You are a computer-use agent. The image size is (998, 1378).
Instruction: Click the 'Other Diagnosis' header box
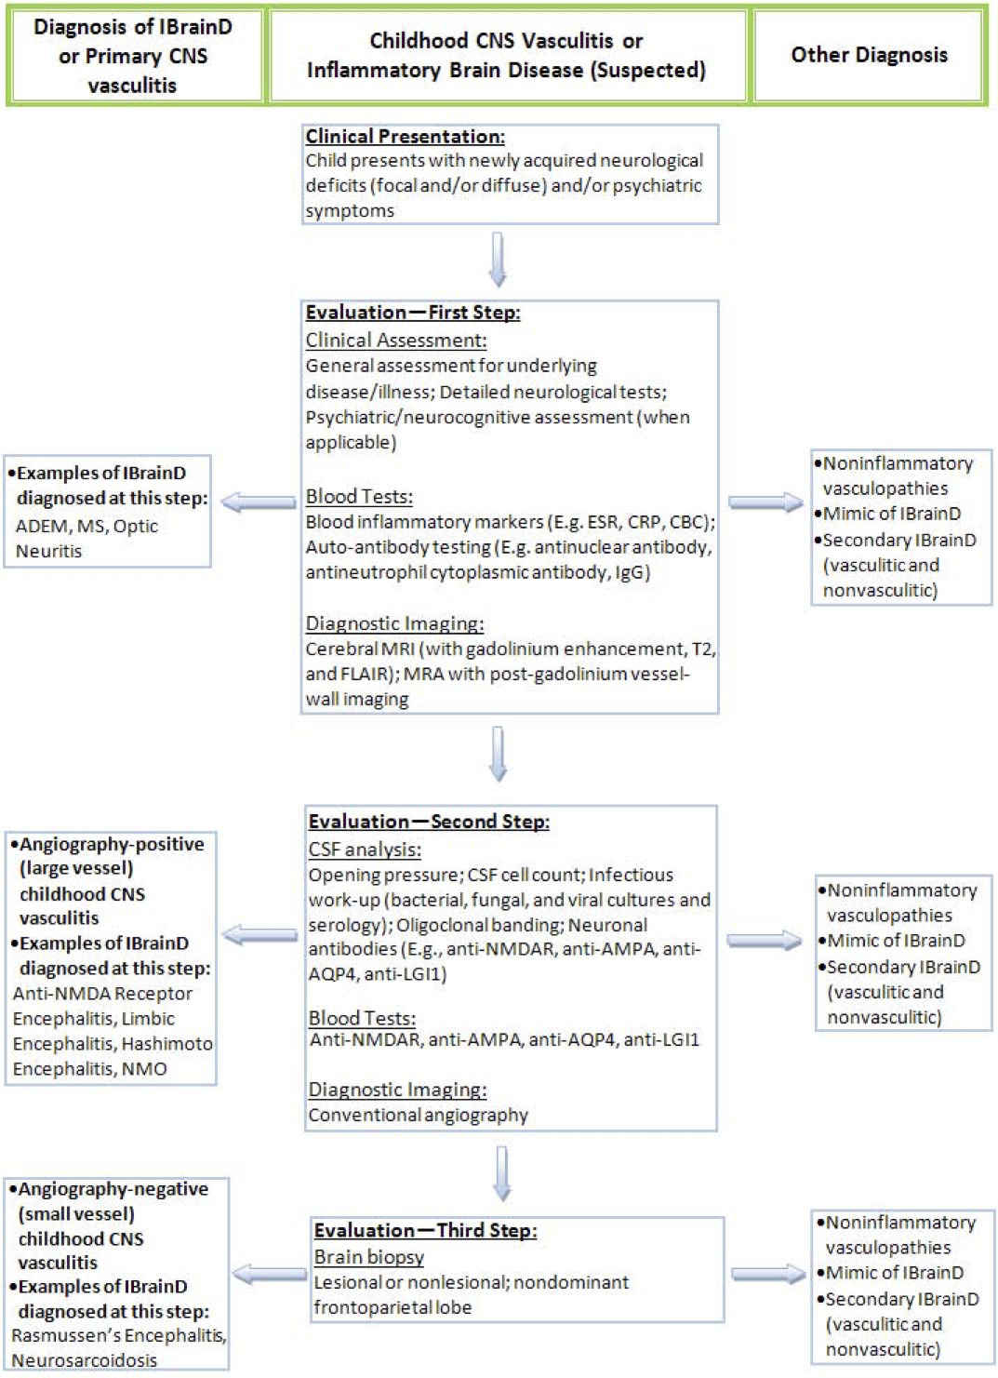[x=869, y=56]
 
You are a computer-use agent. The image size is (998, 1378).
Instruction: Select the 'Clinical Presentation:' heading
[x=405, y=137]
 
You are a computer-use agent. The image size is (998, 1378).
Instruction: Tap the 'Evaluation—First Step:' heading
[x=412, y=313]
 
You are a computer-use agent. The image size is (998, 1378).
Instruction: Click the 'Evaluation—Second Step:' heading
[x=428, y=822]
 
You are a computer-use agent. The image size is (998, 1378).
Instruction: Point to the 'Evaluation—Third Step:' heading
[x=425, y=1230]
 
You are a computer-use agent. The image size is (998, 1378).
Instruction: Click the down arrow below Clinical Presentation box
[x=498, y=260]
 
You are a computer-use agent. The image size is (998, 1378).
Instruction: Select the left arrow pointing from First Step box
[x=258, y=503]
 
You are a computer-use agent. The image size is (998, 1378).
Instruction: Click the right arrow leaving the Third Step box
[x=767, y=1274]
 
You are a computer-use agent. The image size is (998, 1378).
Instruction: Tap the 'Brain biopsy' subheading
[x=368, y=1257]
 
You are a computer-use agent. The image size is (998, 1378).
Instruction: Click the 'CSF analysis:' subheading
[x=365, y=850]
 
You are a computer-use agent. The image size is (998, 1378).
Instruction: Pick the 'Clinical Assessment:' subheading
[x=395, y=341]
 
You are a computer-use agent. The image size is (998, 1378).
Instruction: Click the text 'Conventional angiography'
[x=418, y=1115]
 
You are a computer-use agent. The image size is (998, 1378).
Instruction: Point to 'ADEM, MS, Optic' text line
[x=86, y=527]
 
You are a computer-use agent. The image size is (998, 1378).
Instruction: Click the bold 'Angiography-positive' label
[x=111, y=845]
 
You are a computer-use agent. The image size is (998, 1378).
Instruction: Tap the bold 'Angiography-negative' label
[x=113, y=1189]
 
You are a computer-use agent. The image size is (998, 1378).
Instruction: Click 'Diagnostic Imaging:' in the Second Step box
[x=397, y=1090]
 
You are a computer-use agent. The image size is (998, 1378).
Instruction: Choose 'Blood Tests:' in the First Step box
[x=359, y=497]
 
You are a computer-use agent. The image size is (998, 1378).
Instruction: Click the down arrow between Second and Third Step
[x=501, y=1173]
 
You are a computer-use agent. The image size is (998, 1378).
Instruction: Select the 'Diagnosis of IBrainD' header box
[x=133, y=56]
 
